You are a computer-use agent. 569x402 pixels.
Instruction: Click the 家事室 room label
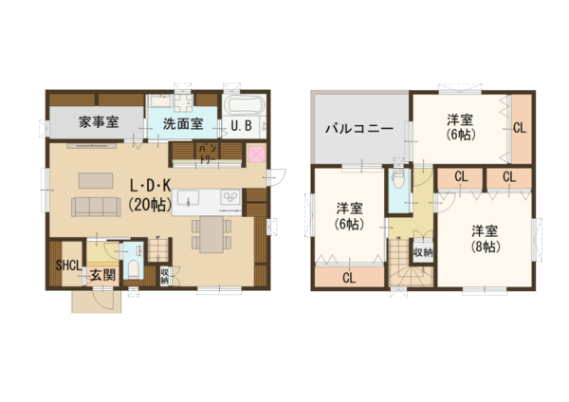tap(98, 122)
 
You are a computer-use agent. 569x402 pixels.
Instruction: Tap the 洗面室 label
tap(182, 123)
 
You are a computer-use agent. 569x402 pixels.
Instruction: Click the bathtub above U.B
tap(245, 104)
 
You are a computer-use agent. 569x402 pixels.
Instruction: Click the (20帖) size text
tap(150, 204)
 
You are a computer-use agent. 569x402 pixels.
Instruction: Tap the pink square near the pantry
tap(257, 155)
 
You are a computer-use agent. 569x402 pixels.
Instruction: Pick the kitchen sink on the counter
tap(189, 198)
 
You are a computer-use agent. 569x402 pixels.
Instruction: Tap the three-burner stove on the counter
tap(231, 197)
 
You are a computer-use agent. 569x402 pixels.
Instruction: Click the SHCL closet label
tap(67, 265)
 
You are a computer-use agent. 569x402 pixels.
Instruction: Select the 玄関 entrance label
tap(102, 275)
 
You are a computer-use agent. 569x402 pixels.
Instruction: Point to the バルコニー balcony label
tap(361, 128)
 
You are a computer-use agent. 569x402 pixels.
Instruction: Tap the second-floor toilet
tap(398, 180)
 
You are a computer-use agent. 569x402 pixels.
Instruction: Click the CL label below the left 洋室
tap(348, 278)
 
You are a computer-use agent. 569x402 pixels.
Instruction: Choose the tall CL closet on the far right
tap(520, 126)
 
